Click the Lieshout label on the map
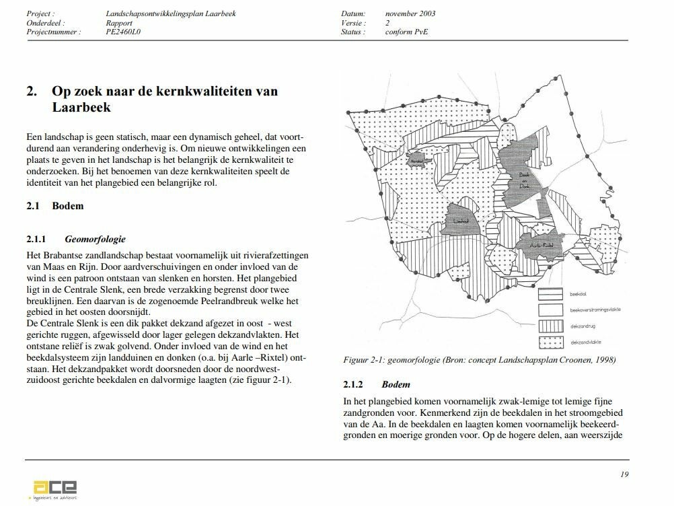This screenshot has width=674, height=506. (x=460, y=221)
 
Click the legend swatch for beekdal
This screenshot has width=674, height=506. (x=550, y=295)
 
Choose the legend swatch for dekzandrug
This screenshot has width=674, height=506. (x=550, y=327)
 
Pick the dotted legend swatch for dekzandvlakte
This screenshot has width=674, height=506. (x=550, y=342)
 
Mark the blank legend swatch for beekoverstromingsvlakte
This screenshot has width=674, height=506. (x=550, y=310)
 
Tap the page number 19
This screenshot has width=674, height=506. (x=624, y=474)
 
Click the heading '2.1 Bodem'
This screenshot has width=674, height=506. (x=55, y=206)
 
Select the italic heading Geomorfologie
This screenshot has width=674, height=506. (x=95, y=239)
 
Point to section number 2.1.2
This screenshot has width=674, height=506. (x=353, y=385)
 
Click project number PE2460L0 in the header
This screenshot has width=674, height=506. (x=123, y=32)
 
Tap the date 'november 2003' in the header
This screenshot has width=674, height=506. (x=410, y=13)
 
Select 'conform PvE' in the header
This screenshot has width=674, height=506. (x=406, y=32)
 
